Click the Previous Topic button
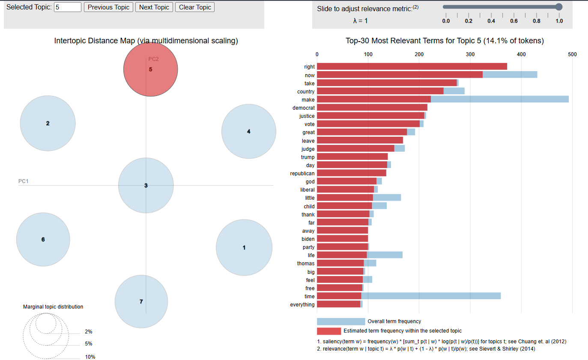coord(108,7)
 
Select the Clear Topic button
coord(195,7)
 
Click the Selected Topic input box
coord(68,7)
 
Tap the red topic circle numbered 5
coord(150,69)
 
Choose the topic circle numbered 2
coord(48,123)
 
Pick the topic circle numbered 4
coord(249,132)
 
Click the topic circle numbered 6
coord(43,240)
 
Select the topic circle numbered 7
coord(141,302)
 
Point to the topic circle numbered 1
coord(244,247)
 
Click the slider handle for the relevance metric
coord(558,6)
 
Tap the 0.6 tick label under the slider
coord(514,21)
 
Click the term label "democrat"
coord(304,108)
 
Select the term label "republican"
coord(302,174)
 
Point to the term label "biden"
coord(308,239)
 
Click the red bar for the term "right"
coord(412,66)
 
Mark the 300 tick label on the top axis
coord(470,54)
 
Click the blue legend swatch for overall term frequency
coord(341,321)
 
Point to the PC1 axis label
coord(23,181)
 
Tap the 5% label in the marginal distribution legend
coord(89,344)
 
